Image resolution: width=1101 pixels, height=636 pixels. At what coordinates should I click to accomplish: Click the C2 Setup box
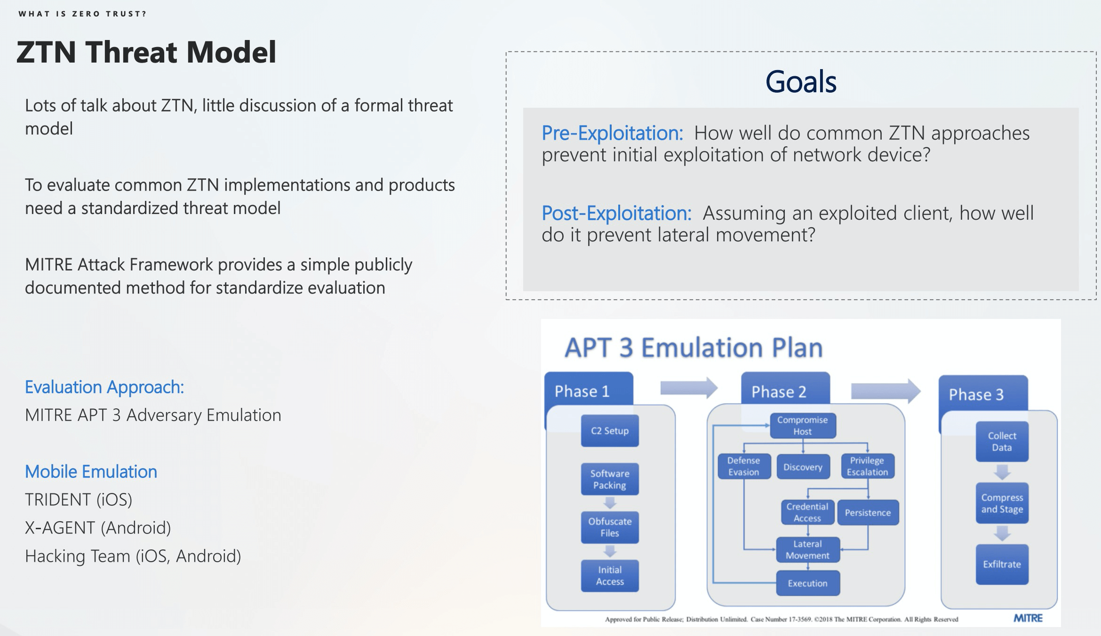tap(610, 430)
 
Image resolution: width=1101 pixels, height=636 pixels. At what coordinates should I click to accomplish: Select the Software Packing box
tap(610, 479)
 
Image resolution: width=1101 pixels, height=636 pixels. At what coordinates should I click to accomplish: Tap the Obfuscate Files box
tap(610, 527)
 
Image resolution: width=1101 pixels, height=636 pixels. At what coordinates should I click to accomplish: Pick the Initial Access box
tap(610, 575)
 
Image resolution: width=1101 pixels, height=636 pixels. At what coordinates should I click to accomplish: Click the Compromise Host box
tap(803, 425)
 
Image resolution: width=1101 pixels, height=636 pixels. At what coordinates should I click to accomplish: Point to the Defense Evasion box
tap(744, 466)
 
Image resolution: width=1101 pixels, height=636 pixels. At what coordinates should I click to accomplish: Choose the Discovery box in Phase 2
tap(803, 467)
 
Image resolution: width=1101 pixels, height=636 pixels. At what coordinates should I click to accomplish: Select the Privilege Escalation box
tap(867, 466)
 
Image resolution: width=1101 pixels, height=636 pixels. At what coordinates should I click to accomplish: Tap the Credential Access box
tap(807, 512)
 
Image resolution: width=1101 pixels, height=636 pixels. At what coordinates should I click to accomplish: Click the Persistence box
tap(868, 512)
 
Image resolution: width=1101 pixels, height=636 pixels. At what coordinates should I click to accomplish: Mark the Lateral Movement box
tap(807, 549)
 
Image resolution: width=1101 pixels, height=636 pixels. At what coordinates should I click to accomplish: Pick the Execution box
tap(807, 583)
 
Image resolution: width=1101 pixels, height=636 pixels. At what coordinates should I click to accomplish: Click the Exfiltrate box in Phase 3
tap(1002, 564)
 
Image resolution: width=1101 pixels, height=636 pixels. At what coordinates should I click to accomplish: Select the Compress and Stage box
tap(1002, 503)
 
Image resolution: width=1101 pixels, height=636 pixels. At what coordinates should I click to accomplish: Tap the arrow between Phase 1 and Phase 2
tap(688, 388)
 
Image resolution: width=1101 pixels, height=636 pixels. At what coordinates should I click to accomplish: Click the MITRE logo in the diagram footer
tap(1028, 618)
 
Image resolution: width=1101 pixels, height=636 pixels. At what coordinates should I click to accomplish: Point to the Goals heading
tap(801, 82)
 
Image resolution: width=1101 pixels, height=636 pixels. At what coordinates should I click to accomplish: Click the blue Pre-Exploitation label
tap(612, 133)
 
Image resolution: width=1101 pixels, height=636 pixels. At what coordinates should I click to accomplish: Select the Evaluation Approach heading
tap(104, 387)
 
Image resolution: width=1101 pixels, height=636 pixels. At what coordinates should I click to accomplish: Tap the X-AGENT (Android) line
tap(98, 528)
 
